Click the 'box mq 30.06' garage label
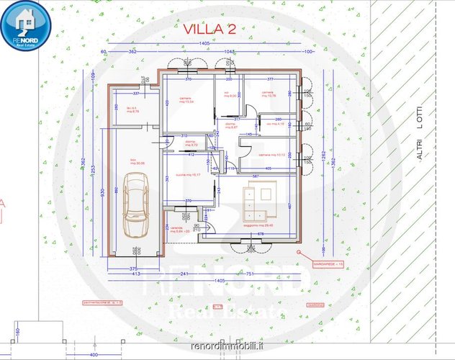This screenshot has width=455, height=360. click(x=138, y=162)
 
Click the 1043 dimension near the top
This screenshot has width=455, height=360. click(x=229, y=53)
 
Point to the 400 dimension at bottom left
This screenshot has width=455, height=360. click(x=94, y=355)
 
